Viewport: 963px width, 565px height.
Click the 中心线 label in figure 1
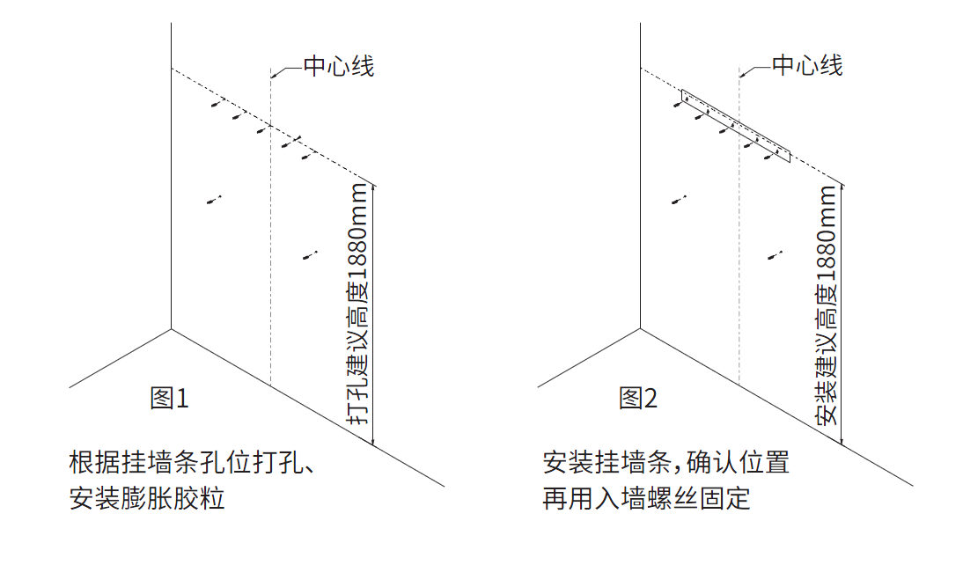click(338, 66)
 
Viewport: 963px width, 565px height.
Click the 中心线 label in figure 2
click(807, 65)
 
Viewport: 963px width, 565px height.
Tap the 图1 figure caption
click(169, 399)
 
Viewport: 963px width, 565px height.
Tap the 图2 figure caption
click(637, 399)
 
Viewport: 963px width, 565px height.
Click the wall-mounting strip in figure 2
click(736, 126)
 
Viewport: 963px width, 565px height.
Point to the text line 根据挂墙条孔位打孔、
click(192, 462)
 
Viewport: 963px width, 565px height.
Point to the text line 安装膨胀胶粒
click(147, 498)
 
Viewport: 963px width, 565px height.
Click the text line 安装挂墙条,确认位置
click(665, 462)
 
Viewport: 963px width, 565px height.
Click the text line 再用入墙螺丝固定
click(646, 498)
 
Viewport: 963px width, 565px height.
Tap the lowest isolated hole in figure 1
click(310, 255)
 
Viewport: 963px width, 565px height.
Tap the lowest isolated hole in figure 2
click(775, 255)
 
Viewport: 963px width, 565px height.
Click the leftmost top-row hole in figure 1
click(217, 103)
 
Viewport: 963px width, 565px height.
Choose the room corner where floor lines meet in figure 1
click(171, 329)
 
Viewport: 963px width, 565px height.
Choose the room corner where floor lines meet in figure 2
click(640, 328)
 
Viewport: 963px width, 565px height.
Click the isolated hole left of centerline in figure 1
click(214, 200)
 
